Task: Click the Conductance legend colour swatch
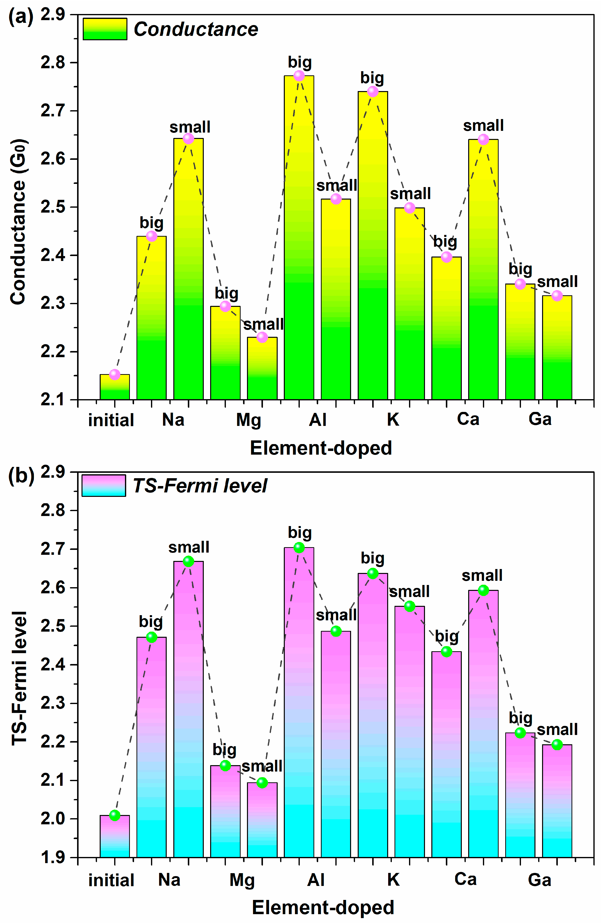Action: (105, 29)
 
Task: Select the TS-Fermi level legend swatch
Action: (104, 486)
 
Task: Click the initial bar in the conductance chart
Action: (115, 387)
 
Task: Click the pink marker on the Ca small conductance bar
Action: (483, 139)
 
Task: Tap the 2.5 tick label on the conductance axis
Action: (53, 207)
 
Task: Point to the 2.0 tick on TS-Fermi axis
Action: (53, 819)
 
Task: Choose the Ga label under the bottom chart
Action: (539, 880)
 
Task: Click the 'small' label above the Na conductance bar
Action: (190, 127)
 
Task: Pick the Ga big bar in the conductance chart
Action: (520, 341)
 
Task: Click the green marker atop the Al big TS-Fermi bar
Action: (299, 547)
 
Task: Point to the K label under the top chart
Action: (393, 420)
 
